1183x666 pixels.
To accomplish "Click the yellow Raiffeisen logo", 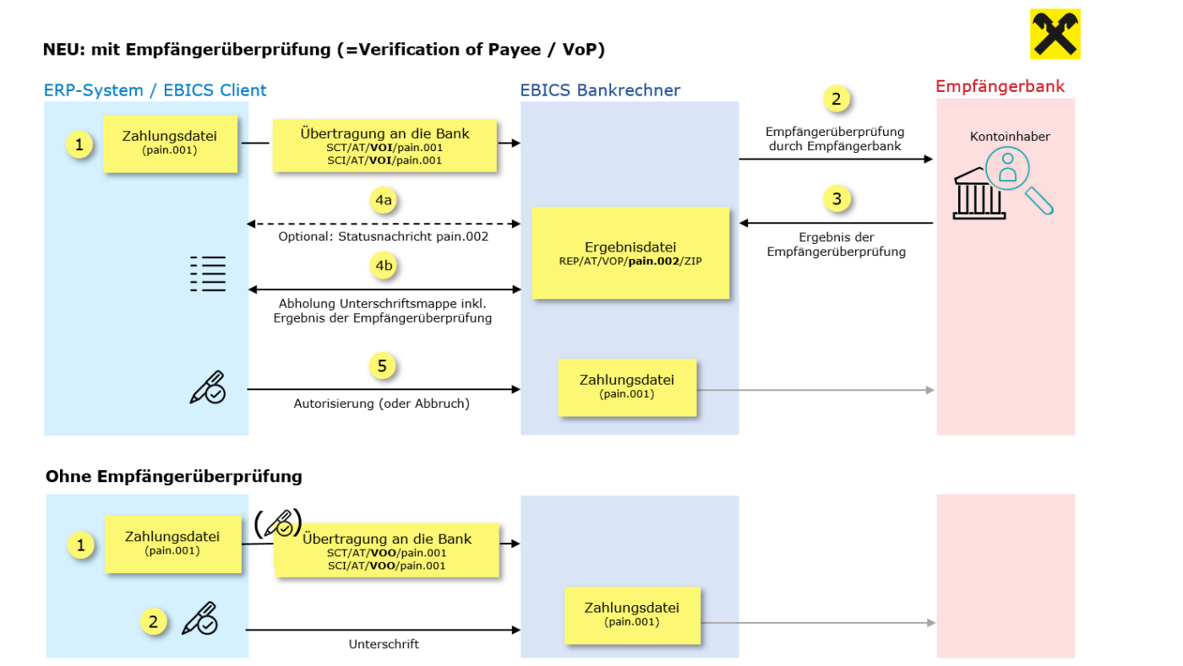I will (1055, 34).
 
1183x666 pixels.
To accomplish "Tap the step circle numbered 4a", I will (384, 200).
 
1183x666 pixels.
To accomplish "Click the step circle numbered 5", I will (383, 366).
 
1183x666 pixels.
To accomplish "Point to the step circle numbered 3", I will (837, 200).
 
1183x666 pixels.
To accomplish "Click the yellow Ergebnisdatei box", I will (630, 252).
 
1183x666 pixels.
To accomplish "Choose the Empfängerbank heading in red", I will (1000, 87).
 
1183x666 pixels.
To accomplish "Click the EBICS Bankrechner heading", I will (600, 90).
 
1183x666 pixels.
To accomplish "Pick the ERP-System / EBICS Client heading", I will (155, 90).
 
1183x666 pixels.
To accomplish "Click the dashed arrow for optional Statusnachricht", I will (384, 224).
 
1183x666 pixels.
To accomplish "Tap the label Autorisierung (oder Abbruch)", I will (381, 403).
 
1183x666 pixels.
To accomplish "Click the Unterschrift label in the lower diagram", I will (384, 644).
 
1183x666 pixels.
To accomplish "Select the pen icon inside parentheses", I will (278, 524).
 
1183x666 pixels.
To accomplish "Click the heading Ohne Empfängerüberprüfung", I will (174, 476).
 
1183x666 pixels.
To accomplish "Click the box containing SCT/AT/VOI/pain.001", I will (384, 145).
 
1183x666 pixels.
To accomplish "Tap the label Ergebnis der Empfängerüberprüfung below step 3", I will (836, 245).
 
